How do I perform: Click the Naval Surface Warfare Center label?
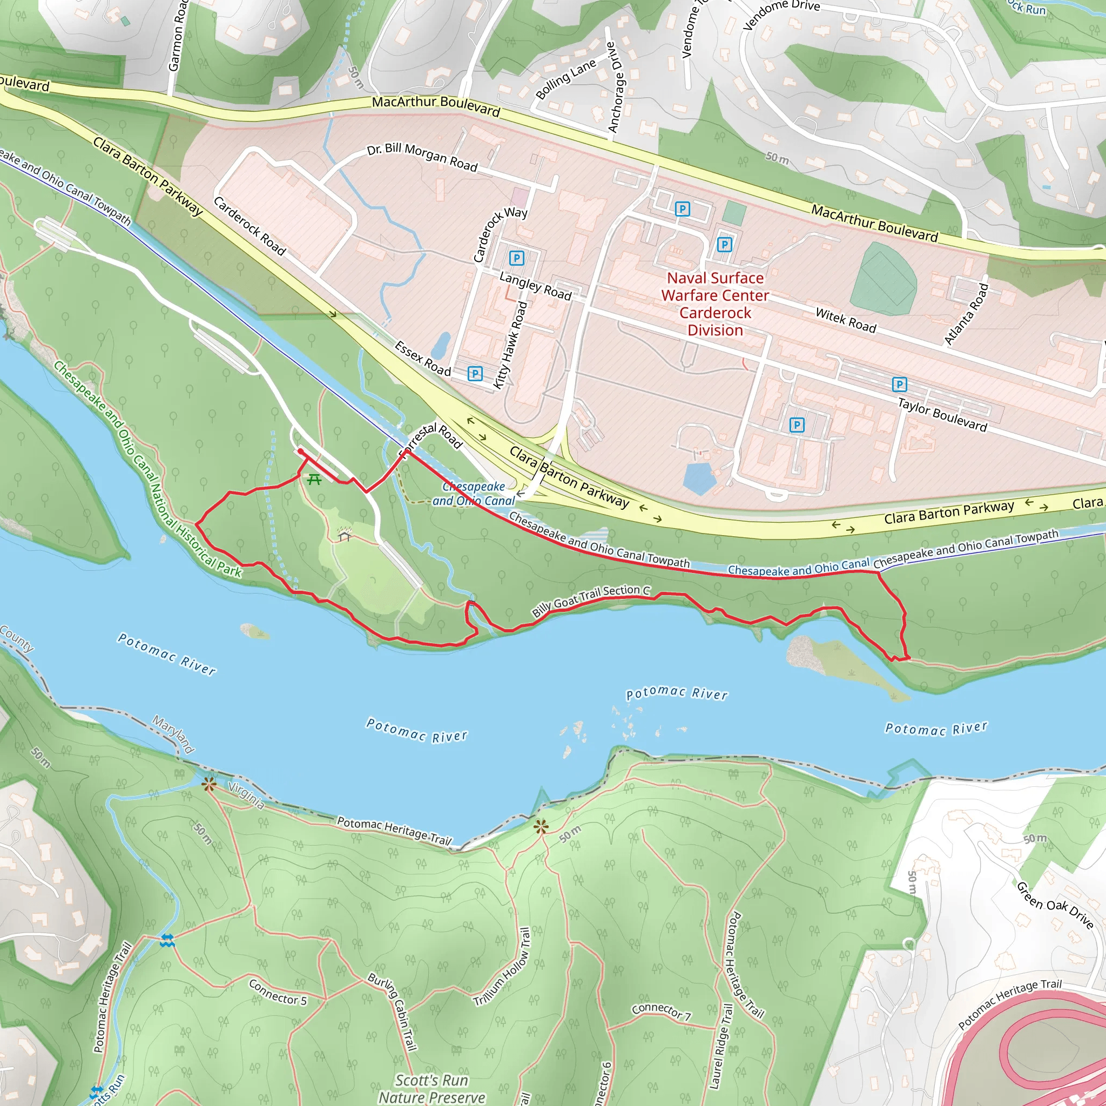click(x=715, y=304)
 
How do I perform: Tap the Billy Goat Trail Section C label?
click(x=591, y=600)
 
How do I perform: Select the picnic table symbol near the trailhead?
click(x=314, y=479)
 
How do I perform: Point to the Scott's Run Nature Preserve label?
click(x=432, y=1088)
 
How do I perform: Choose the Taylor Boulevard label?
click(x=942, y=414)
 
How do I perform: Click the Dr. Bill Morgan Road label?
click(x=422, y=156)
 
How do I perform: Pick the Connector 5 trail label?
click(x=278, y=992)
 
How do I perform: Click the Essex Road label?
click(x=423, y=359)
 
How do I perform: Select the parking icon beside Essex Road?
click(x=475, y=374)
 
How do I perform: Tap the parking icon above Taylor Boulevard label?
click(x=899, y=384)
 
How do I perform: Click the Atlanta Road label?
click(x=966, y=314)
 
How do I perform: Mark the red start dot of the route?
click(x=301, y=451)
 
